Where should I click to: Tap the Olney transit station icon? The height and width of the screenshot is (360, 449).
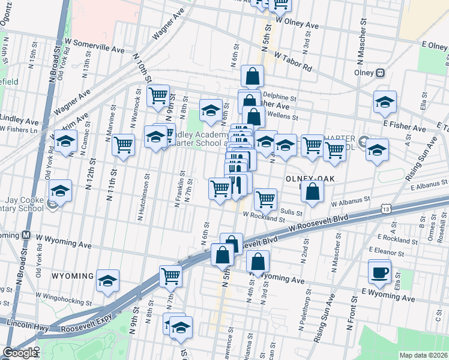tap(380, 73)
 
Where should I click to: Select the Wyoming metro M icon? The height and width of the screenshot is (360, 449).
tap(26, 235)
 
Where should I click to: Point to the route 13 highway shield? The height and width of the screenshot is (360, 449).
tap(385, 208)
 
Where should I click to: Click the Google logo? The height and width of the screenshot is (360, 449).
tap(20, 353)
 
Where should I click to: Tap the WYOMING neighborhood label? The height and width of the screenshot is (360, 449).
tap(72, 276)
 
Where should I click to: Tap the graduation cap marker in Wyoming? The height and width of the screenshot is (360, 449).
tap(108, 281)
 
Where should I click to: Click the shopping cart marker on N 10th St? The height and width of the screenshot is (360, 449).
tap(158, 95)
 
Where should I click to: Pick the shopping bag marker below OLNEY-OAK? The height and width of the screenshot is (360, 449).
tap(312, 192)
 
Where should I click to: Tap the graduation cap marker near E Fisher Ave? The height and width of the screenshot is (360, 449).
tap(385, 101)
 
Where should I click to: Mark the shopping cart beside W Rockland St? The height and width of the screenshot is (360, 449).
tap(265, 199)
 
